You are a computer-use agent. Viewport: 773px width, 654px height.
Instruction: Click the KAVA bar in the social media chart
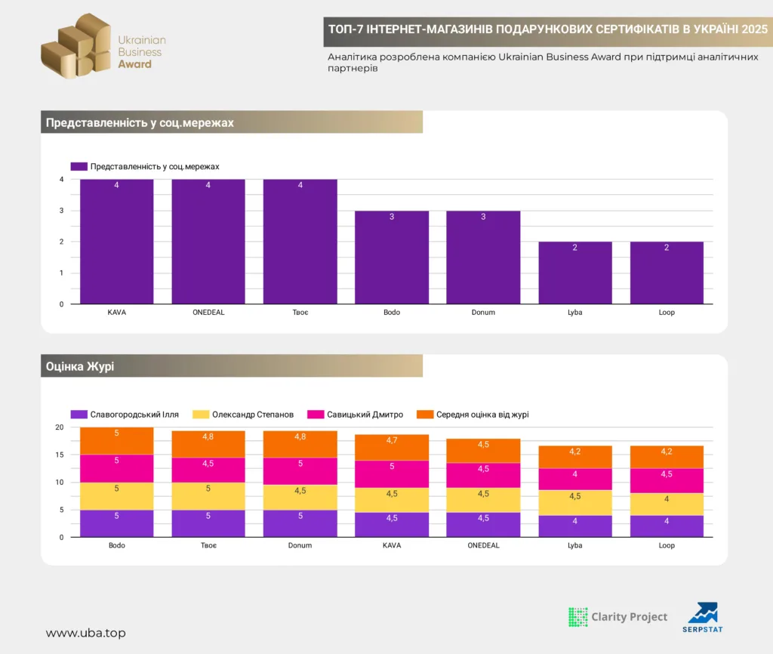pos(117,242)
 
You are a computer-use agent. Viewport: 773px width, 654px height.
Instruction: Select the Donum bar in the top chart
pos(483,258)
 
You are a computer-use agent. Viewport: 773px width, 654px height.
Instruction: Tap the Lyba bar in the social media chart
pos(574,273)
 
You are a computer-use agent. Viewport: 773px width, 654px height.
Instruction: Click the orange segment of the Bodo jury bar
pos(117,441)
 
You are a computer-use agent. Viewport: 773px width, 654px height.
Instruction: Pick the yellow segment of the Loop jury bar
pos(667,504)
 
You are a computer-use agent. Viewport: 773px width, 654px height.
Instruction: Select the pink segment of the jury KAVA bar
pos(392,474)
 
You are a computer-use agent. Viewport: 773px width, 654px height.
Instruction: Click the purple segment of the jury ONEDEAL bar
pos(483,525)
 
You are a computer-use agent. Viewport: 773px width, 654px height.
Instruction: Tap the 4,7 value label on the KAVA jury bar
pos(392,440)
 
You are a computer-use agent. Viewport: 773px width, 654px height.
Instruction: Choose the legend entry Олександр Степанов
pos(243,415)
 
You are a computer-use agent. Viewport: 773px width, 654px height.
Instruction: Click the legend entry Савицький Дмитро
pos(355,415)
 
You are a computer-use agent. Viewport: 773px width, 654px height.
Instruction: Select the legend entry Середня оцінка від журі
pos(473,415)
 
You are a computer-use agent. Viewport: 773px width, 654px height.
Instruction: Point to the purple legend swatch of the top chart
pos(79,167)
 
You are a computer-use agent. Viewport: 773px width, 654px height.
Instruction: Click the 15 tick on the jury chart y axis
pos(60,455)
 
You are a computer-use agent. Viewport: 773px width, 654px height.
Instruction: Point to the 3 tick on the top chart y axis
pos(62,211)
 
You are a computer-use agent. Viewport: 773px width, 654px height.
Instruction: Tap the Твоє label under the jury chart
pos(208,545)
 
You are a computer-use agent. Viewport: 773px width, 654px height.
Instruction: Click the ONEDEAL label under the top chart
pos(208,312)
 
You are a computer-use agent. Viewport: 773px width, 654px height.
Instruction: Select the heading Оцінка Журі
pos(80,366)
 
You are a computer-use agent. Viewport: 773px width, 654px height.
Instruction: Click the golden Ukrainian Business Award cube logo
pos(76,46)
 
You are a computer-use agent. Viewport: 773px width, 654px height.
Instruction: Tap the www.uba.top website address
pos(86,633)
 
